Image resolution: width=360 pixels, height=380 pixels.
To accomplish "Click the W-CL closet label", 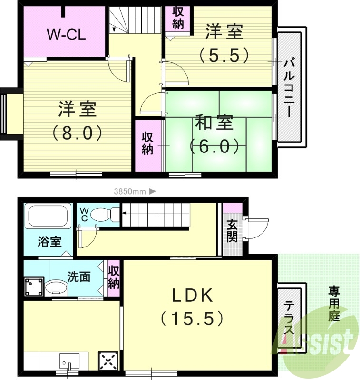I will coord(65,34).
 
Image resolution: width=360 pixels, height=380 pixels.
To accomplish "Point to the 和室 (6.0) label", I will coord(214,134).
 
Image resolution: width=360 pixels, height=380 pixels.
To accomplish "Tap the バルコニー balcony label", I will coord(288,88).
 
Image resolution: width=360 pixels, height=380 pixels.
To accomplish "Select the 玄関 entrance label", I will coord(232,230).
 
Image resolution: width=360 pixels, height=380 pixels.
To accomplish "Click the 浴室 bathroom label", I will coord(49,242).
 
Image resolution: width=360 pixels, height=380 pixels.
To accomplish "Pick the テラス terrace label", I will coord(289,319).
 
